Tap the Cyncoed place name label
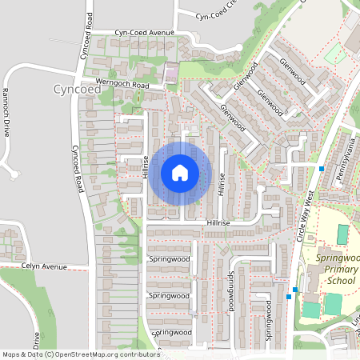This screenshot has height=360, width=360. [x=78, y=89]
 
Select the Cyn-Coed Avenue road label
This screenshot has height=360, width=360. [x=144, y=33]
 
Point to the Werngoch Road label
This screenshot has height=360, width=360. [x=122, y=84]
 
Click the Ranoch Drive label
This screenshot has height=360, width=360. [x=6, y=111]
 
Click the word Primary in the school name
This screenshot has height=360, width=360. [x=340, y=270]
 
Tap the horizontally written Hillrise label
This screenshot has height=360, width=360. [x=218, y=222]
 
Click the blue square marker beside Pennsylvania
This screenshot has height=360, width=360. [x=322, y=169]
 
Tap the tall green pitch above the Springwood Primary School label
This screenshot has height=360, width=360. [x=342, y=234]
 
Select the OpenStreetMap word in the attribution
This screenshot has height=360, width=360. [x=86, y=354]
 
